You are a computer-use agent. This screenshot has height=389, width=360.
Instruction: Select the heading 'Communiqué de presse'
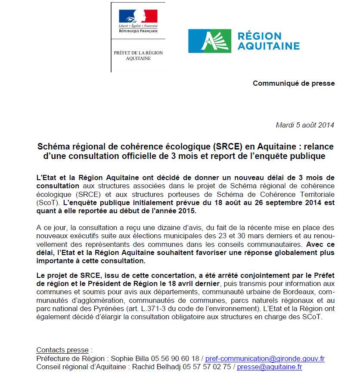pyautogui.click(x=293, y=83)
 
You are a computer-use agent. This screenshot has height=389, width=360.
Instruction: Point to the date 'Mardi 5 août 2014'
pyautogui.click(x=304, y=125)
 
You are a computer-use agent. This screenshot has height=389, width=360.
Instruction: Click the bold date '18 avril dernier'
pyautogui.click(x=195, y=283)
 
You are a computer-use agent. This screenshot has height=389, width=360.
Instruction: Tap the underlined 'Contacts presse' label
pyautogui.click(x=62, y=350)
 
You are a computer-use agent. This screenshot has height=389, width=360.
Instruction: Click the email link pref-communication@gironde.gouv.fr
pyautogui.click(x=265, y=358)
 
